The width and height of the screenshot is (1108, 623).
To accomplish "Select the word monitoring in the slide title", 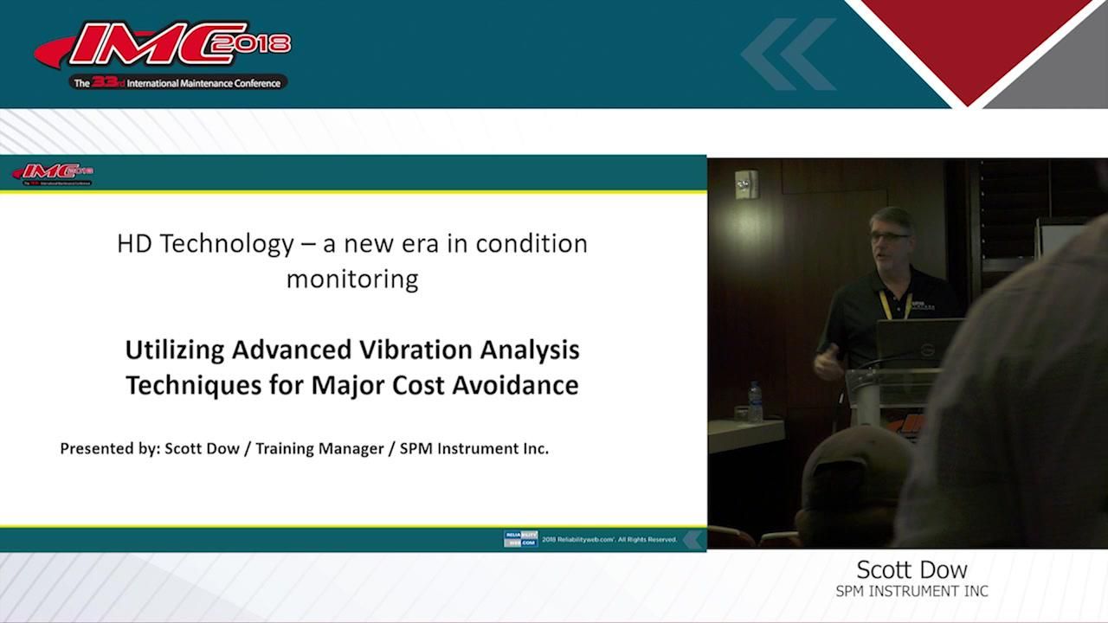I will [352, 279].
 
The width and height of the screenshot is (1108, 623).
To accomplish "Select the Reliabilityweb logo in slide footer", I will [520, 539].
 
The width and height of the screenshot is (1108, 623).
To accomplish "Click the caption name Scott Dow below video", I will [912, 569].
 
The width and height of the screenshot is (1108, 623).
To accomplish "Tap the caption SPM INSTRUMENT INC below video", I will [912, 592].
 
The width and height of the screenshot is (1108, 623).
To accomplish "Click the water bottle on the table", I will [755, 401].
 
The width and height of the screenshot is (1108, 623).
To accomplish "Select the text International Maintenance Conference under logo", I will [203, 83].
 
